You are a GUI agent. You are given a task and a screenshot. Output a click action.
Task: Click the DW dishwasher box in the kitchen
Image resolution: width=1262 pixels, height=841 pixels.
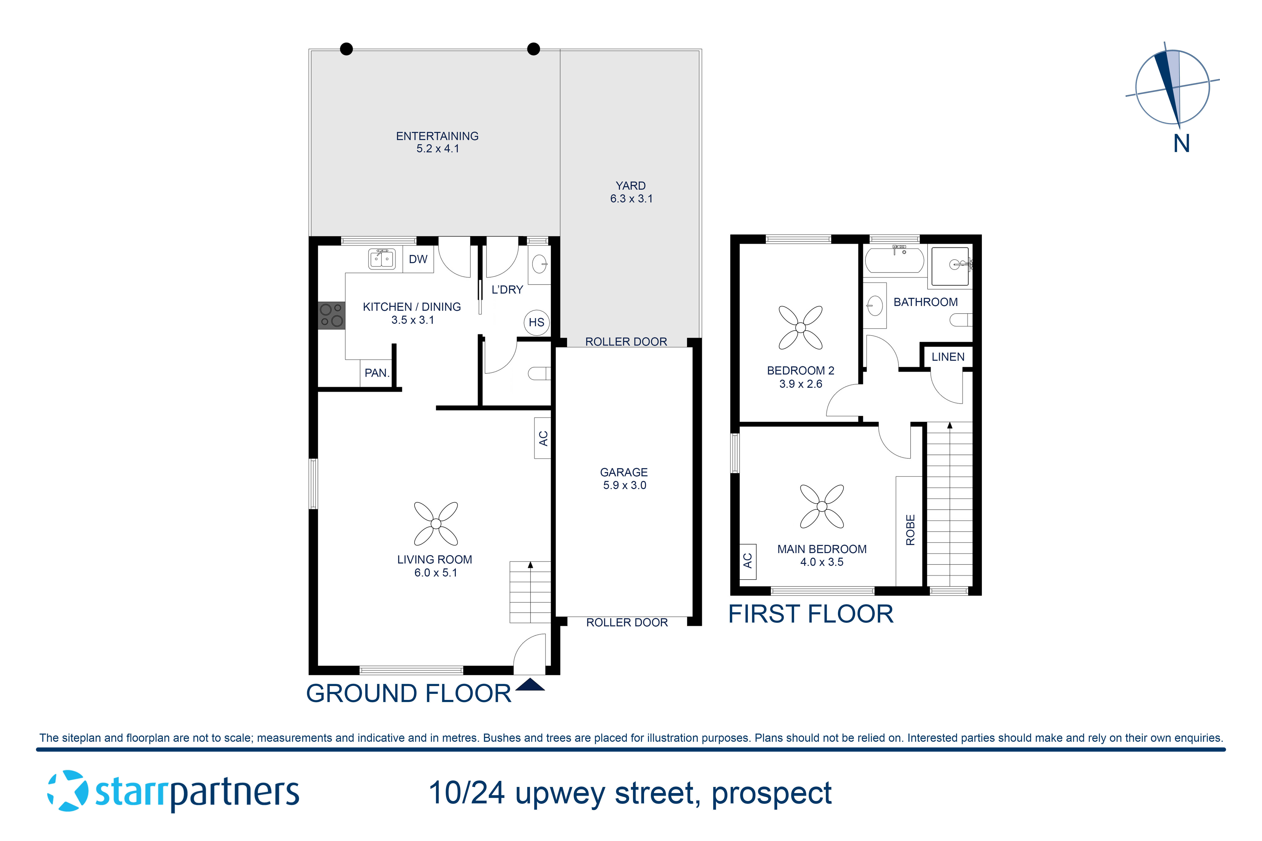418,260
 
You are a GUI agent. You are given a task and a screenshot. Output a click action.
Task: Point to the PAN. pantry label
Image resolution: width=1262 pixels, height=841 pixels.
377,373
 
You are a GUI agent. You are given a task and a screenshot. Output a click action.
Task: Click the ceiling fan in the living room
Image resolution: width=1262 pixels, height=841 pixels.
436,524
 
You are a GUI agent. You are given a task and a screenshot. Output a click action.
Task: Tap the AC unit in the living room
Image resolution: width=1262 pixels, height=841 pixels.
542,438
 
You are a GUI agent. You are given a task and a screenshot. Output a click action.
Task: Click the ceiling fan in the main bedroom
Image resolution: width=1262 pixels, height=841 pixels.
822,506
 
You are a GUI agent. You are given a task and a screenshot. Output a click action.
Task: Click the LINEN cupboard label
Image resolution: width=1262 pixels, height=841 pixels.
948,357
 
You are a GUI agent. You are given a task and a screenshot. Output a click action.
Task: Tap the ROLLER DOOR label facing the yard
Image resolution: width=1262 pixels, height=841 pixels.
626,342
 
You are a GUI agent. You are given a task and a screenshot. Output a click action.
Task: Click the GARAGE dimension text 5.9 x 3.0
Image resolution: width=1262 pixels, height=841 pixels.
624,485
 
